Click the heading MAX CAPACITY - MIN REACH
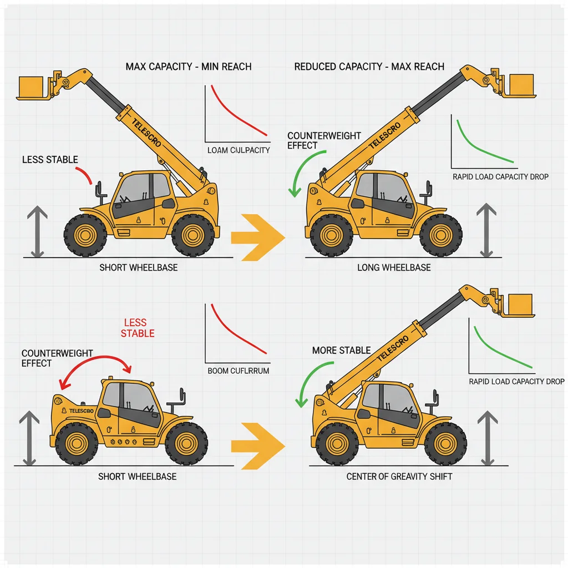pos(189,67)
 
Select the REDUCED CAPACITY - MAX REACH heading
pos(369,67)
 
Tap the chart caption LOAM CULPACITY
pos(239,150)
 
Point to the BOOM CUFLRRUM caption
pos(238,371)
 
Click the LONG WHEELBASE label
pos(394,267)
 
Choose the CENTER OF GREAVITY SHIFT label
pos(399,476)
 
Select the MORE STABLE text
pos(341,351)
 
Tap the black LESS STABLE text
pos(50,160)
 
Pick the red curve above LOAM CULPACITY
pos(236,111)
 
